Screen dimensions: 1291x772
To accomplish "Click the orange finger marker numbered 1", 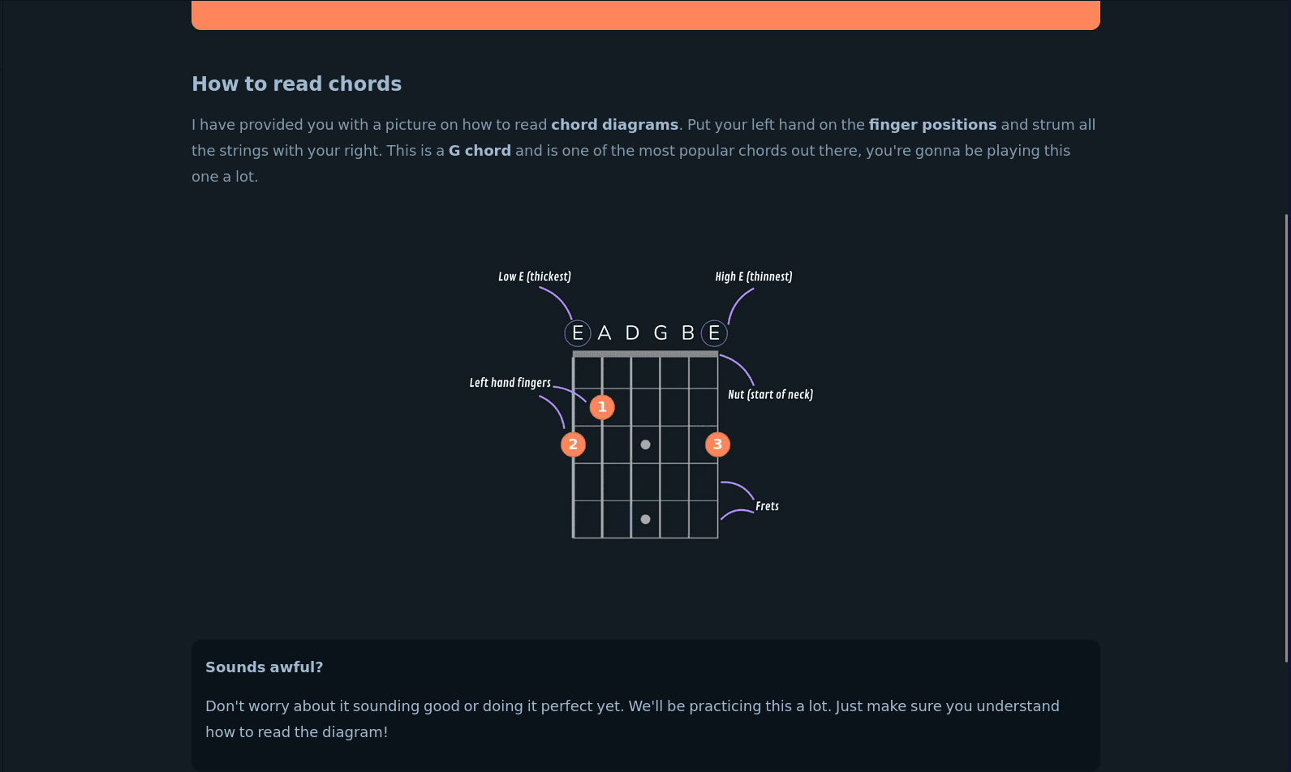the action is [602, 407].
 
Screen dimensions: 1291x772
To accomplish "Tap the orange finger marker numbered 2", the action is [573, 444].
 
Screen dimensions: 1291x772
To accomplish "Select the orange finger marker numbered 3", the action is [717, 444].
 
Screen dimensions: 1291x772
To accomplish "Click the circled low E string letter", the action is [578, 333].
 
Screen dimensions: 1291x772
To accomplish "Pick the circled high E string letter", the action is [714, 333].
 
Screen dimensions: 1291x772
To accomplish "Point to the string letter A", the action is [604, 333].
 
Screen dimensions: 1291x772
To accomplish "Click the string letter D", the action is [632, 333].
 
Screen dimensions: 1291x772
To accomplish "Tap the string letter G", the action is [661, 333].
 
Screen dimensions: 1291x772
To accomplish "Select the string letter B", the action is [687, 333].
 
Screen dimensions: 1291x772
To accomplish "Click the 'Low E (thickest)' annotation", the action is [535, 277].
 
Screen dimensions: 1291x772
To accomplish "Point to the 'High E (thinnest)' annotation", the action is [754, 277].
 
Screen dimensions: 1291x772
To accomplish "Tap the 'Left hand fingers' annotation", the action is [510, 383].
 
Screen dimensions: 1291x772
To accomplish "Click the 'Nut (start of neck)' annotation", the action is [771, 395].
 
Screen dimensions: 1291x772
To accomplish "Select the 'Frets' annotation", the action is [767, 506].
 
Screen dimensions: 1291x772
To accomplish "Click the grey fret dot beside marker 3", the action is [646, 444].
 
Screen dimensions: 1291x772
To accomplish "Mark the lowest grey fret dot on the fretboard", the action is [646, 519].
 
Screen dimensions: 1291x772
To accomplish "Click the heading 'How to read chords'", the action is [296, 84].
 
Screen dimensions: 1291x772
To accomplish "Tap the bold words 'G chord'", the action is [480, 151].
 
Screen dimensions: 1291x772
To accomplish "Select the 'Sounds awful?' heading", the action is [264, 667].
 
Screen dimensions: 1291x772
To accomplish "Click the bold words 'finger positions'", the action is [932, 125].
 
